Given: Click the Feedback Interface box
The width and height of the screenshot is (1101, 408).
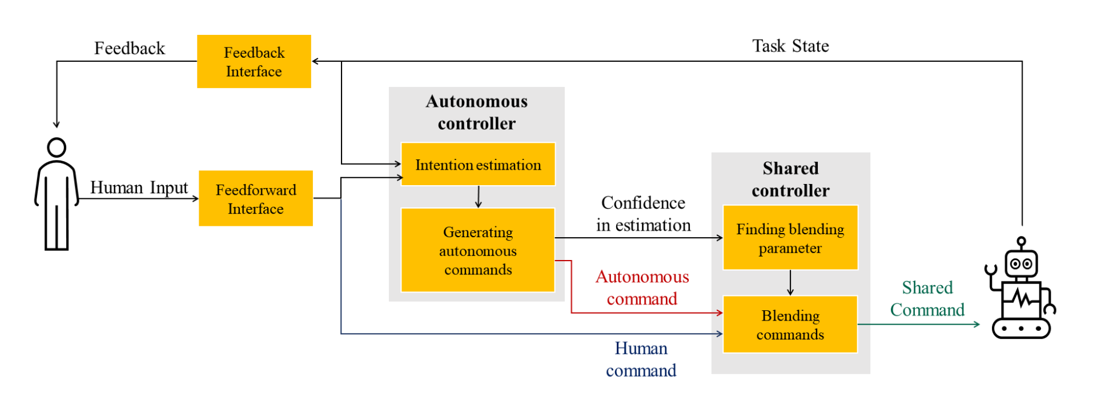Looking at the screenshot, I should (x=254, y=62).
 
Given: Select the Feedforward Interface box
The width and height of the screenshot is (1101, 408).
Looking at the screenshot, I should (x=256, y=198).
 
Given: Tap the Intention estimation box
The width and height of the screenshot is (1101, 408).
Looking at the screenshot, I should (x=478, y=165).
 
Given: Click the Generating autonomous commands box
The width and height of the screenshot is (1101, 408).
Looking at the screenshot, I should (x=478, y=250).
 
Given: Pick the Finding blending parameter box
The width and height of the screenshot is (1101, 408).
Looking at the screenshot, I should (x=790, y=238).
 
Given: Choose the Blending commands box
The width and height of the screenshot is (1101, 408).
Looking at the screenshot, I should (x=790, y=325).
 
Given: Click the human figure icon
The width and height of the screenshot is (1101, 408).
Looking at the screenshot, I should (x=57, y=194).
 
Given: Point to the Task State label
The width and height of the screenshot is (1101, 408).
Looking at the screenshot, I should (x=790, y=46).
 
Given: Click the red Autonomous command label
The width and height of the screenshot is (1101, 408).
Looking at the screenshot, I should (x=642, y=287).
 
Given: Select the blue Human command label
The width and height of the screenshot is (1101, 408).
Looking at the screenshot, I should (x=641, y=359).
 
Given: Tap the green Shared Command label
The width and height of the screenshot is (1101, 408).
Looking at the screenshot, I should (x=927, y=298).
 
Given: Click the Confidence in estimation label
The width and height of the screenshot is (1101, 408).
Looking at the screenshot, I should (x=644, y=214).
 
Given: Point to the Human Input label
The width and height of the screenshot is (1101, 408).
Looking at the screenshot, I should (x=139, y=187).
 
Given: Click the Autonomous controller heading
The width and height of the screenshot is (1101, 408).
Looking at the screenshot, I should (x=477, y=112).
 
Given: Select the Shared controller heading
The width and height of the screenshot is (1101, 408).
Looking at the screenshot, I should (x=790, y=179).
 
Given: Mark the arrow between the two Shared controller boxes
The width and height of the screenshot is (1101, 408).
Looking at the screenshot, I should (x=790, y=282).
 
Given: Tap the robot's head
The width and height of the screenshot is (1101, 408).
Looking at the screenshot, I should (x=1021, y=263).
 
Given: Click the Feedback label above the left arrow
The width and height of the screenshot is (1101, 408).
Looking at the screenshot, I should (x=130, y=48).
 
